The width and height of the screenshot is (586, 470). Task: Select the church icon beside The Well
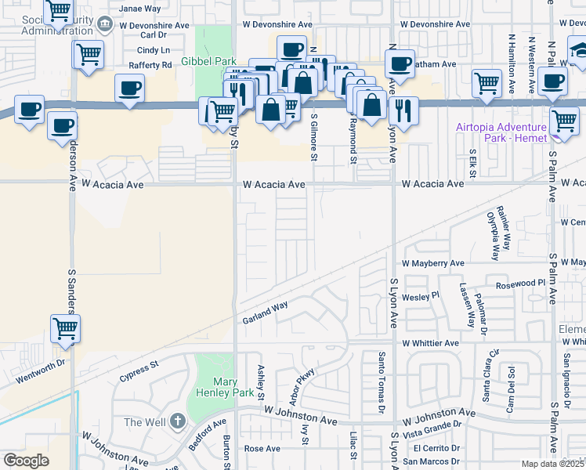click(178, 422)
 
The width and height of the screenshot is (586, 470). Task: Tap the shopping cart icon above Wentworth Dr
click(65, 329)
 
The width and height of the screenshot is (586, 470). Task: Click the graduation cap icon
click(579, 52)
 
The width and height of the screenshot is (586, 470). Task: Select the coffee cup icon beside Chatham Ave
click(400, 63)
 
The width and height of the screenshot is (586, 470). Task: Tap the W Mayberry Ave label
click(433, 264)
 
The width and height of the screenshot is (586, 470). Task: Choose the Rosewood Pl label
click(514, 283)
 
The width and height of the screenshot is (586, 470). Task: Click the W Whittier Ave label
click(430, 343)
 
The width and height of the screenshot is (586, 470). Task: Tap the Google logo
click(27, 461)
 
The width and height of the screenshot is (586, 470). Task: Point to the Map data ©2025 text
click(552, 464)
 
